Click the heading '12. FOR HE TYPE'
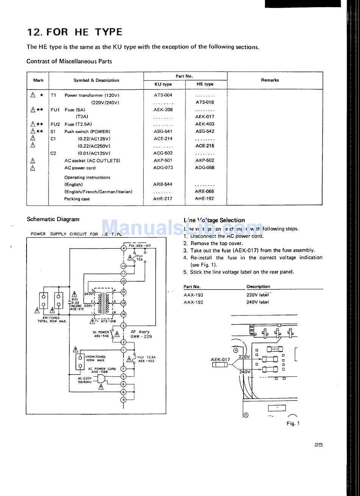[x=75, y=32]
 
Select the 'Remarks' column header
[x=270, y=80]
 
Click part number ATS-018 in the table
[x=205, y=102]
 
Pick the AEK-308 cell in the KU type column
[x=163, y=110]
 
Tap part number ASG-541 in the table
[x=163, y=131]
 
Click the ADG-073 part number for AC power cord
[x=163, y=168]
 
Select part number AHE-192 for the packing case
[x=205, y=199]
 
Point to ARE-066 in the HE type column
[x=205, y=192]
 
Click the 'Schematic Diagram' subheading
[x=53, y=219]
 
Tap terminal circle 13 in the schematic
[x=124, y=292]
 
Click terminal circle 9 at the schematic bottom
[x=124, y=399]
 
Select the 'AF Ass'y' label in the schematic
[x=140, y=332]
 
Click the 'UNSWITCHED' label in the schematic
[x=95, y=357]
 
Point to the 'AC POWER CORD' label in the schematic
[x=102, y=368]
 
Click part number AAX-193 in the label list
[x=193, y=295]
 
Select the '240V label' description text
[x=257, y=302]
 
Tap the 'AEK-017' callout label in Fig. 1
[x=220, y=360]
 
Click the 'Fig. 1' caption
[x=293, y=423]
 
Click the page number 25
[x=318, y=445]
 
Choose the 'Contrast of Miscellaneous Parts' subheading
[x=69, y=61]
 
